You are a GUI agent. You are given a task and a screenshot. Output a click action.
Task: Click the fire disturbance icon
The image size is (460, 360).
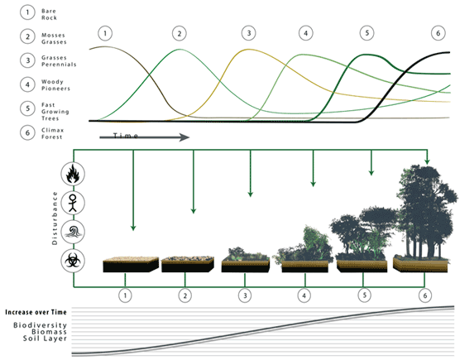73,174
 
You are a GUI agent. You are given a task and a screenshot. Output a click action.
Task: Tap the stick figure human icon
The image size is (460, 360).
73,203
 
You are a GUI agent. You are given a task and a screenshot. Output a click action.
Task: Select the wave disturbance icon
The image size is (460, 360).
73,232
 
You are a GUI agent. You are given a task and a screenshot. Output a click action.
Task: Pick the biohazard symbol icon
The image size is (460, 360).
73,261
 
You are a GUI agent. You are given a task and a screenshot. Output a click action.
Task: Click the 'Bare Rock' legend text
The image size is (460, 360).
49,14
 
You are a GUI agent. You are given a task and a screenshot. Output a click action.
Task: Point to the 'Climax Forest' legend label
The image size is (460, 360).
52,133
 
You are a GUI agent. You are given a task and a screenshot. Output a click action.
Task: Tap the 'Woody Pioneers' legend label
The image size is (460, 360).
55,85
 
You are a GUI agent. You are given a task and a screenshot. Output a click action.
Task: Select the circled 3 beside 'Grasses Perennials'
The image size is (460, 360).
27,60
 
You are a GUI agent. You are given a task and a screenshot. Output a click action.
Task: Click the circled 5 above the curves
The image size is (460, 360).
367,33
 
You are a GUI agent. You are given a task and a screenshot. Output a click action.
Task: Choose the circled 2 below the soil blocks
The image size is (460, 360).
185,295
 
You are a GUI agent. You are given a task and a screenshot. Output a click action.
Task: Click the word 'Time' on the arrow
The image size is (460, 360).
126,136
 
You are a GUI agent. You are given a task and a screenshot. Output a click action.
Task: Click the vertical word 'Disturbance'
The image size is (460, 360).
55,218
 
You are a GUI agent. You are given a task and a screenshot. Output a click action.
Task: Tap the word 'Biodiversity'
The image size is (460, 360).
41,325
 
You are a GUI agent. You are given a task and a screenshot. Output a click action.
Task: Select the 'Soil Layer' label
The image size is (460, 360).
46,338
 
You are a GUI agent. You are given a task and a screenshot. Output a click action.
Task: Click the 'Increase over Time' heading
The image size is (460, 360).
36,312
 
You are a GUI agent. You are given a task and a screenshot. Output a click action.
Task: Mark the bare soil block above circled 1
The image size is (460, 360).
131,264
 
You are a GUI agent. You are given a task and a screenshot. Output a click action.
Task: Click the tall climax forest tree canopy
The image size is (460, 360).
425,203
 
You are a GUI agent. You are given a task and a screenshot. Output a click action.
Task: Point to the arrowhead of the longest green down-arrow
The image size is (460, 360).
133,228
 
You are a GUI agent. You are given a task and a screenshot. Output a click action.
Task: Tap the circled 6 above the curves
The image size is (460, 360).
438,33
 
